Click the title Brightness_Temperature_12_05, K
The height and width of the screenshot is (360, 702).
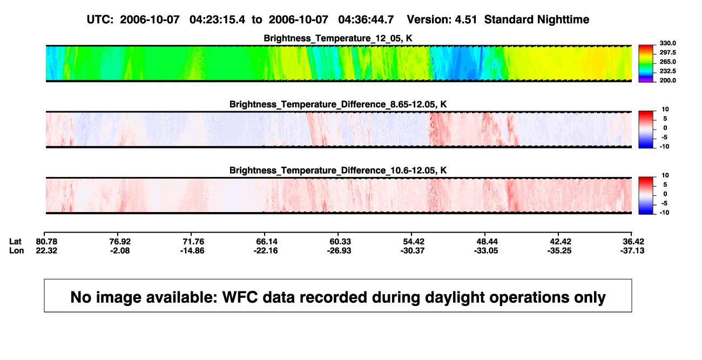[x=338, y=38]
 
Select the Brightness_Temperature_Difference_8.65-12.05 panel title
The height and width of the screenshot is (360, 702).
[x=338, y=104]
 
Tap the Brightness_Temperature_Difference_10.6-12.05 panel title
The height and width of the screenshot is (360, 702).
[x=338, y=171]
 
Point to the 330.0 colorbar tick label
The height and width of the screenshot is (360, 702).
[x=667, y=43]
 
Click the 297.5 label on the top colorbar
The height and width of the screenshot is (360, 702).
[x=667, y=53]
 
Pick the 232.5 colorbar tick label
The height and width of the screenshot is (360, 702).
[x=667, y=71]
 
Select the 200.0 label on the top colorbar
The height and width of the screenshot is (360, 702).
[x=667, y=80]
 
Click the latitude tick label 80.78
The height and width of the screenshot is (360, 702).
[x=46, y=242]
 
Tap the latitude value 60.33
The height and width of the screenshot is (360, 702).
[x=340, y=242]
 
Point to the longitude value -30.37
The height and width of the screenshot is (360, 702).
[x=413, y=250]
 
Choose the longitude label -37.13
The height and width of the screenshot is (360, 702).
[x=632, y=250]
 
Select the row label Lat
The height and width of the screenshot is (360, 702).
[x=15, y=242]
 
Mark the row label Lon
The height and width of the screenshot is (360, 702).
[x=16, y=250]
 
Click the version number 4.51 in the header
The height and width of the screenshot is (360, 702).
[x=465, y=20]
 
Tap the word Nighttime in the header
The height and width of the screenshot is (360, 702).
[x=563, y=20]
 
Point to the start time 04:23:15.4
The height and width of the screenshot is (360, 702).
[x=217, y=20]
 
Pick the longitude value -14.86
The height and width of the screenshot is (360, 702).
[x=192, y=250]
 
